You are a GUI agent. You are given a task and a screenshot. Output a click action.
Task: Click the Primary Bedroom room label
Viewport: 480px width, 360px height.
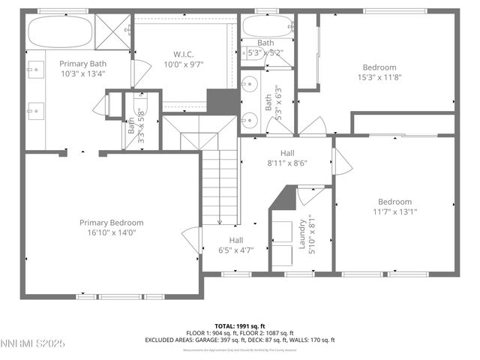[x=112, y=223]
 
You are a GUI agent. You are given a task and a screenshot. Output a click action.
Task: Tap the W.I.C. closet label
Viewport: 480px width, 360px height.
[x=184, y=53]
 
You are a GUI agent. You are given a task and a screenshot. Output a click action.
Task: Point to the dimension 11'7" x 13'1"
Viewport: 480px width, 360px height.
[x=394, y=211]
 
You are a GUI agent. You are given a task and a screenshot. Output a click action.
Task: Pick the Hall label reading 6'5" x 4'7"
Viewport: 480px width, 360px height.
[x=236, y=250]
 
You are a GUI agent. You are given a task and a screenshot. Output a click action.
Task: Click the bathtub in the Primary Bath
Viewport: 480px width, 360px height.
[x=60, y=32]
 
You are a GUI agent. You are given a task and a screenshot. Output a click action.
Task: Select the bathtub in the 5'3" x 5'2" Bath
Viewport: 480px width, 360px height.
[x=267, y=28]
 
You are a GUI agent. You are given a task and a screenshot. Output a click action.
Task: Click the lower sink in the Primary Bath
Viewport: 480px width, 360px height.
[x=34, y=112]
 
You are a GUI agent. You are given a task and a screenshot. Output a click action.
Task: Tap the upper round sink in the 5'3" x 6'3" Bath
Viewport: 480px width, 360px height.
[x=250, y=84]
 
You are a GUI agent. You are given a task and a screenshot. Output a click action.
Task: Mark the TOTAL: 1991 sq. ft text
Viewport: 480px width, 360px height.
[x=239, y=326]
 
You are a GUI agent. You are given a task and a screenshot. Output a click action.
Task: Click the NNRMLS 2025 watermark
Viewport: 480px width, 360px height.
[x=33, y=343]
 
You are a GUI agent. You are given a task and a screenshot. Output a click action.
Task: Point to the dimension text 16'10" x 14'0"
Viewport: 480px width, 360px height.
[x=112, y=232]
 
